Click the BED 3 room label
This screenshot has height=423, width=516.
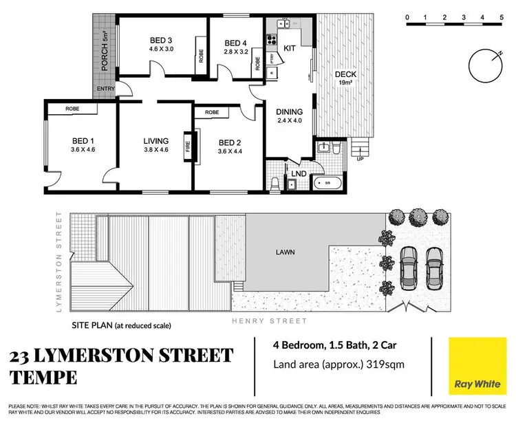click(x=160, y=39)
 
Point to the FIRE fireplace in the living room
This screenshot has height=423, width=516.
click(x=187, y=147)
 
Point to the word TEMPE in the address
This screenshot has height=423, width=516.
click(x=43, y=378)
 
